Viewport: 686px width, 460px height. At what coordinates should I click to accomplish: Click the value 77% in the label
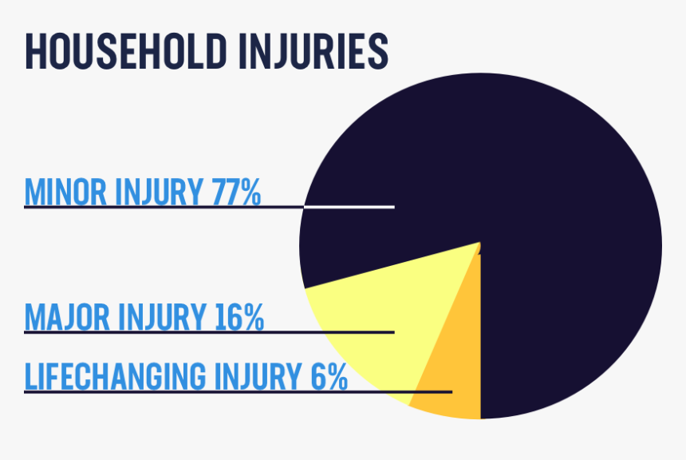pyautogui.click(x=236, y=192)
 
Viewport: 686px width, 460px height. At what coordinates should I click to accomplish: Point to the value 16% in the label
pyautogui.click(x=239, y=317)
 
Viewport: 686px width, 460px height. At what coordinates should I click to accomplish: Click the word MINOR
pyautogui.click(x=67, y=192)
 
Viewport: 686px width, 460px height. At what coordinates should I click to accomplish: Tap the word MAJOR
pyautogui.click(x=67, y=317)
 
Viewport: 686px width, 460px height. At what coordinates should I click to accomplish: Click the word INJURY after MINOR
pyautogui.click(x=160, y=192)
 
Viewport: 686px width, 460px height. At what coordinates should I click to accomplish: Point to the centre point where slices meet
pyautogui.click(x=480, y=243)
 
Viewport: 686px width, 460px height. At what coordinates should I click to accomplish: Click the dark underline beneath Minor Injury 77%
pyautogui.click(x=160, y=207)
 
